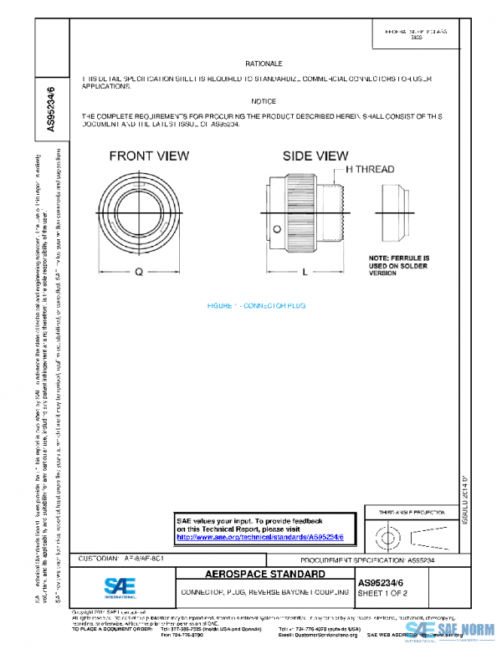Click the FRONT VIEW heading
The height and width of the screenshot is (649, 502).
[149, 156]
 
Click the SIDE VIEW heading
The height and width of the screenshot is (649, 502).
[315, 156]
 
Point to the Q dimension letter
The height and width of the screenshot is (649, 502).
[139, 272]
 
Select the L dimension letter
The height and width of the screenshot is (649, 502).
[305, 272]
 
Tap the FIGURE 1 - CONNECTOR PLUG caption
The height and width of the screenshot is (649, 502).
[257, 308]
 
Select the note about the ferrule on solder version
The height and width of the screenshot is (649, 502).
[399, 265]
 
